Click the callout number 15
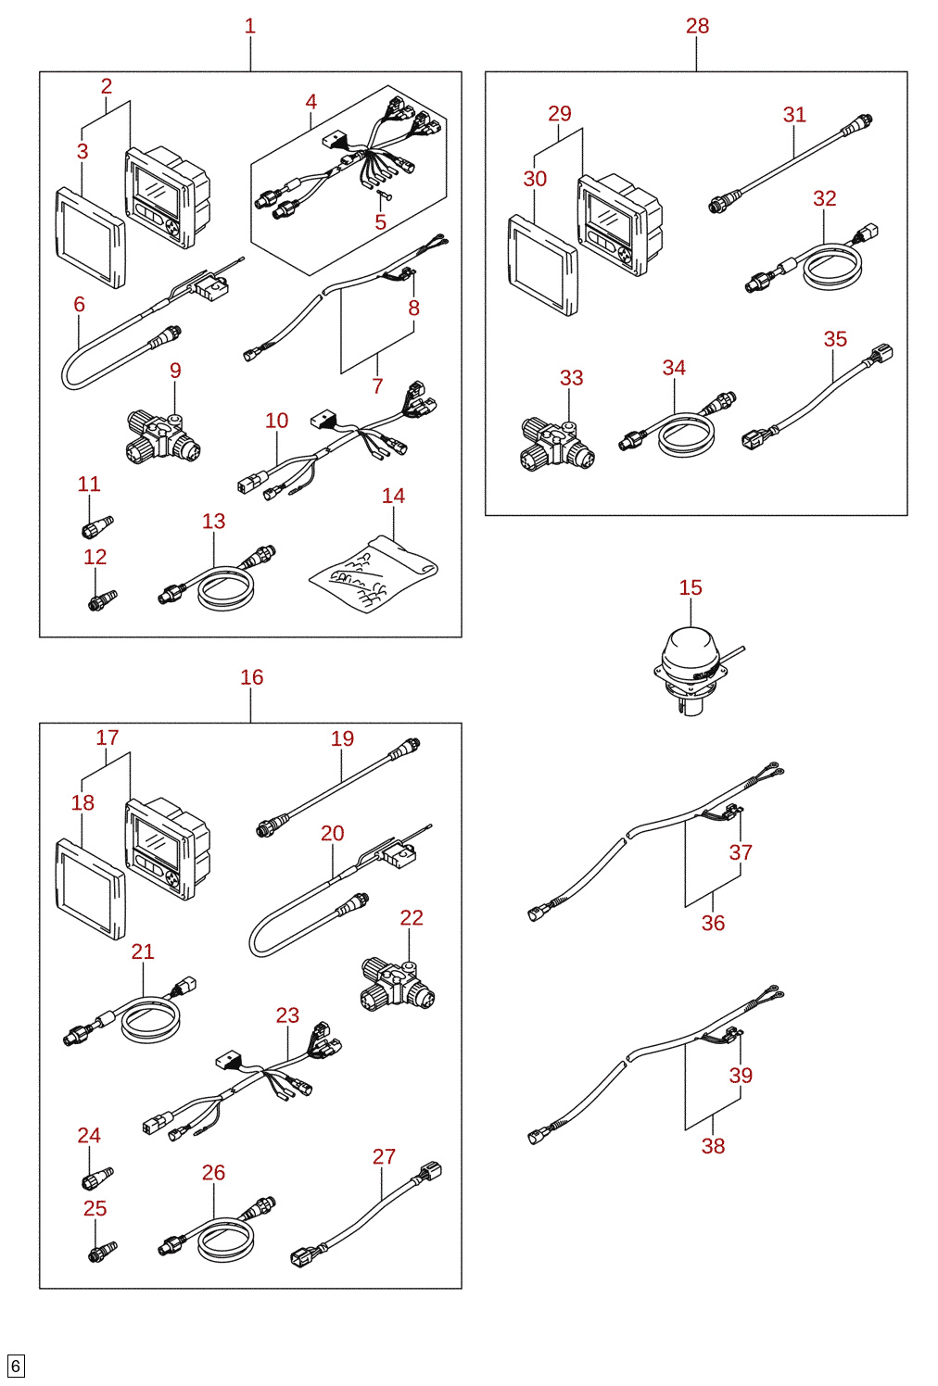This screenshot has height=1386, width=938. pyautogui.click(x=691, y=587)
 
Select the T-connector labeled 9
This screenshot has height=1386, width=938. pyautogui.click(x=163, y=437)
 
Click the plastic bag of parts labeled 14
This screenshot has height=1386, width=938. pyautogui.click(x=374, y=574)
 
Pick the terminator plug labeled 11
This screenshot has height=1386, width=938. pyautogui.click(x=97, y=526)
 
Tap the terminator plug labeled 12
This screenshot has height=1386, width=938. pyautogui.click(x=102, y=600)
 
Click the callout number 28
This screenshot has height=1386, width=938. pyautogui.click(x=697, y=26)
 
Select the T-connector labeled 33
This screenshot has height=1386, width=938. pyautogui.click(x=557, y=445)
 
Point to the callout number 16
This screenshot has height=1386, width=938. pyautogui.click(x=252, y=677)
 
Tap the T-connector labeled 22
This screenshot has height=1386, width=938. pyautogui.click(x=397, y=985)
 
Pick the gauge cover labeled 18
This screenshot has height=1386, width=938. pyautogui.click(x=91, y=889)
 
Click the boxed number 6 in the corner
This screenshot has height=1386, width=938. pyautogui.click(x=16, y=1366)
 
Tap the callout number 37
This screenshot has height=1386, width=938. pyautogui.click(x=741, y=852)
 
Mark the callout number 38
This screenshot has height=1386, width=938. pyautogui.click(x=713, y=1146)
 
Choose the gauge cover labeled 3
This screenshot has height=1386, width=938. pyautogui.click(x=91, y=238)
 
